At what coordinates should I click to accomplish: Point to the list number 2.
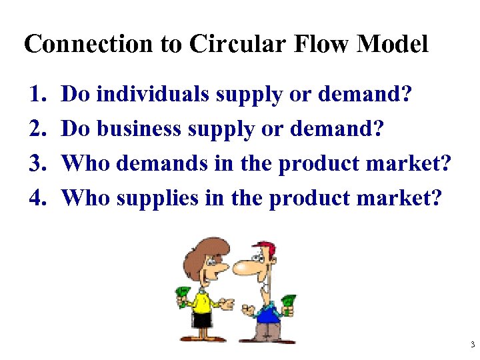pos(38,129)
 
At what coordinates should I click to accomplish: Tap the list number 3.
pos(38,163)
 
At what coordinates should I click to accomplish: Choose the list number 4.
pos(38,197)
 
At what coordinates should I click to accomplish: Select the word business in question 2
pos(138,129)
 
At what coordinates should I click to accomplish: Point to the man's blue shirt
pos(267,313)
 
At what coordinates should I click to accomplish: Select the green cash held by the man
pos(288,303)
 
